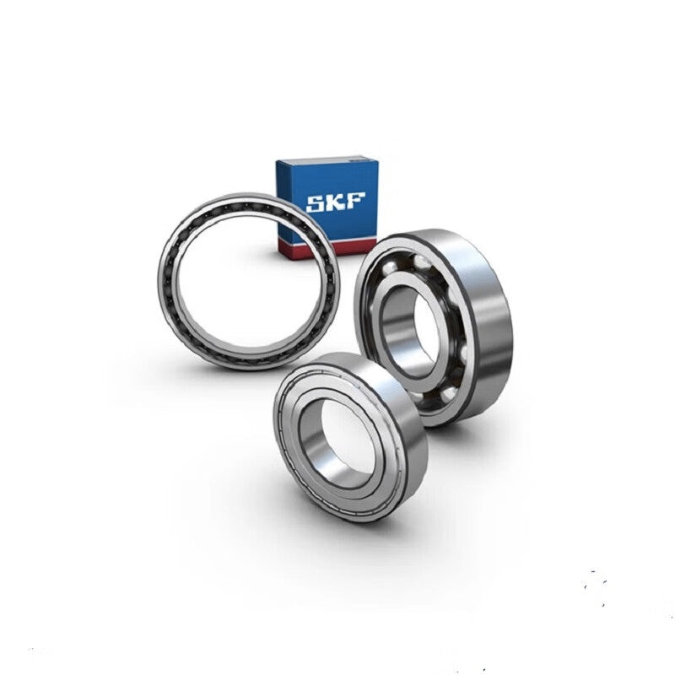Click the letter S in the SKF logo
(315, 203)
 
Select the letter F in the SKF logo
(355, 200)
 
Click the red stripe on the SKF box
(332, 249)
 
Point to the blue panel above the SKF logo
(327, 176)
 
